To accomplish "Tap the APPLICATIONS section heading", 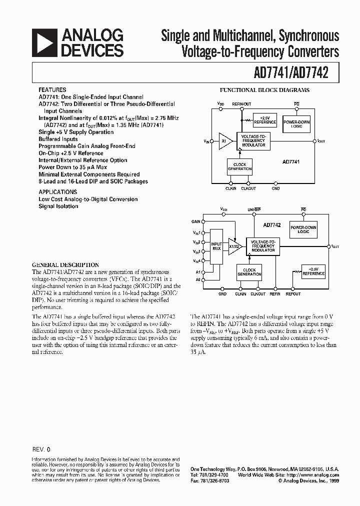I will (x=58, y=191).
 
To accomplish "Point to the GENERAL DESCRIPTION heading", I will (x=65, y=265).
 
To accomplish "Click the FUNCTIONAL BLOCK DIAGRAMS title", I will (x=265, y=90).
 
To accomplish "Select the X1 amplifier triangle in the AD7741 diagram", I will (x=224, y=141).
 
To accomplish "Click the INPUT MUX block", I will (x=216, y=246).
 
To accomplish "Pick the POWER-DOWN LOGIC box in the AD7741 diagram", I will (x=296, y=124).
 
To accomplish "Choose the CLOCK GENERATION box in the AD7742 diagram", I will (x=249, y=272).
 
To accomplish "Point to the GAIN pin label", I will (x=195, y=221).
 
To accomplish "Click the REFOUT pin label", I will (x=293, y=294).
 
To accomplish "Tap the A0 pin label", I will (x=197, y=280).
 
